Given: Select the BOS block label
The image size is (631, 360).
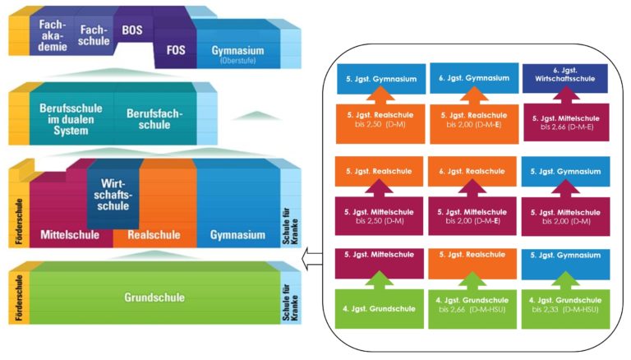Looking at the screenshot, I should coord(131,30).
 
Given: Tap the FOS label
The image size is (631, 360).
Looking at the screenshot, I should coord(176,49).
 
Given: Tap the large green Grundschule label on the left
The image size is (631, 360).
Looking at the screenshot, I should coord(154,298).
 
